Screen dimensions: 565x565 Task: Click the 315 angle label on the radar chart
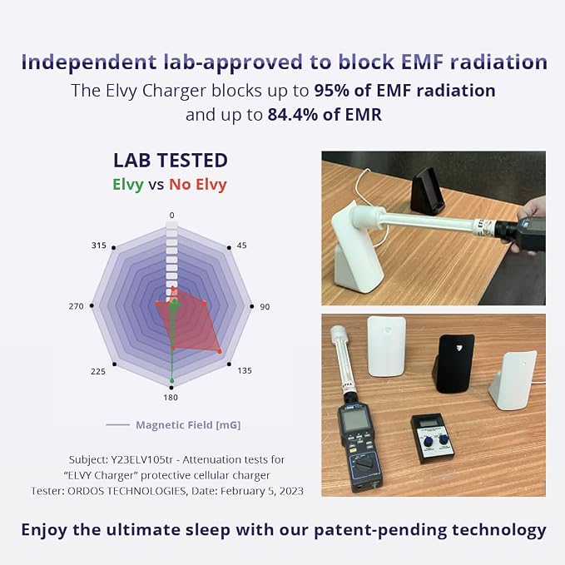point(99,245)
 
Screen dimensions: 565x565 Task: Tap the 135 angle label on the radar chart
point(245,370)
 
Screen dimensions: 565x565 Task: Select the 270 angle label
point(76,306)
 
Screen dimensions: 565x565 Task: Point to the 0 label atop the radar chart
point(172,216)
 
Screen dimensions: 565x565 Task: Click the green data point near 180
point(172,381)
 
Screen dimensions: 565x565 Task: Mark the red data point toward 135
point(220,351)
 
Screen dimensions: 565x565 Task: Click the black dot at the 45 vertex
point(229,247)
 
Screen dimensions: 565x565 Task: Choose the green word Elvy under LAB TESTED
point(128,185)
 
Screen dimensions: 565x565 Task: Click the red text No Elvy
point(198,185)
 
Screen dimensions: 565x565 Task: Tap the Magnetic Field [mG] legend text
point(188,425)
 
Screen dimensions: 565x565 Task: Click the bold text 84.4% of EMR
point(325,115)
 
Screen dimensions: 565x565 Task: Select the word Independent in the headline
point(89,62)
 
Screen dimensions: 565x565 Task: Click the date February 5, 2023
point(262,491)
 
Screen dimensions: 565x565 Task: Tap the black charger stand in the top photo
point(428,191)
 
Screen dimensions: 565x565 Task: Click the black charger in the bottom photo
point(453,364)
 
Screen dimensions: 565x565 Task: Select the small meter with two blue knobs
point(434,439)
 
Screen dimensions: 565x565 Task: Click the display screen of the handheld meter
point(355,420)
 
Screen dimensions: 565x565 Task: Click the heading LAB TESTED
point(171,161)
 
